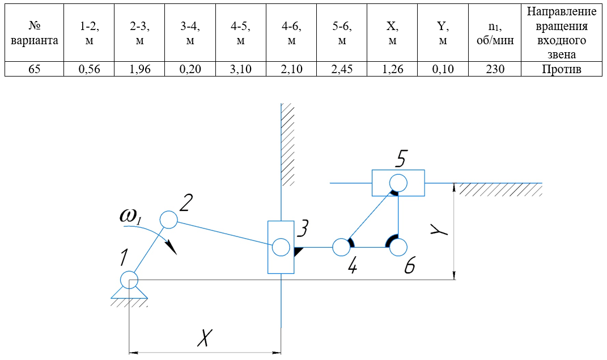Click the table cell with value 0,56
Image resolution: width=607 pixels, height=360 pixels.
coord(88,70)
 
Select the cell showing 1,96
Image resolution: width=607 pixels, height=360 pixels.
coord(139,70)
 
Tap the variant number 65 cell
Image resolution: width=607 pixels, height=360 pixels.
coord(33,70)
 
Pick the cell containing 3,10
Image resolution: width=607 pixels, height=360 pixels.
coord(240,70)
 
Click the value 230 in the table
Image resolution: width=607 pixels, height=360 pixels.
coord(494,70)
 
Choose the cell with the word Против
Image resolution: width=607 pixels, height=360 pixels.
coord(561,70)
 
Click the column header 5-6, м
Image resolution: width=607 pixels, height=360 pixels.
coord(342,33)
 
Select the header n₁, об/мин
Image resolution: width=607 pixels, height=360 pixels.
coord(494,33)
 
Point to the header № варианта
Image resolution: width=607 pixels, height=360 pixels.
coord(33,33)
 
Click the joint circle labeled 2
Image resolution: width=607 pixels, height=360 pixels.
coord(168,219)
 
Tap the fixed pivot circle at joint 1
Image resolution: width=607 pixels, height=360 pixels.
coord(129,279)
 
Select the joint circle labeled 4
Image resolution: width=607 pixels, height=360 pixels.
coord(341,247)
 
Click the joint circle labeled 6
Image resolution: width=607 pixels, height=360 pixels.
coord(398,247)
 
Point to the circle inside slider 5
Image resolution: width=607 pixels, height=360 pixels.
coord(398,183)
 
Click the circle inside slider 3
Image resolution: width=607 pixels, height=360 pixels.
coord(281,247)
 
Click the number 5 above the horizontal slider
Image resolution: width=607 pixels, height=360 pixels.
coord(400,159)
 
